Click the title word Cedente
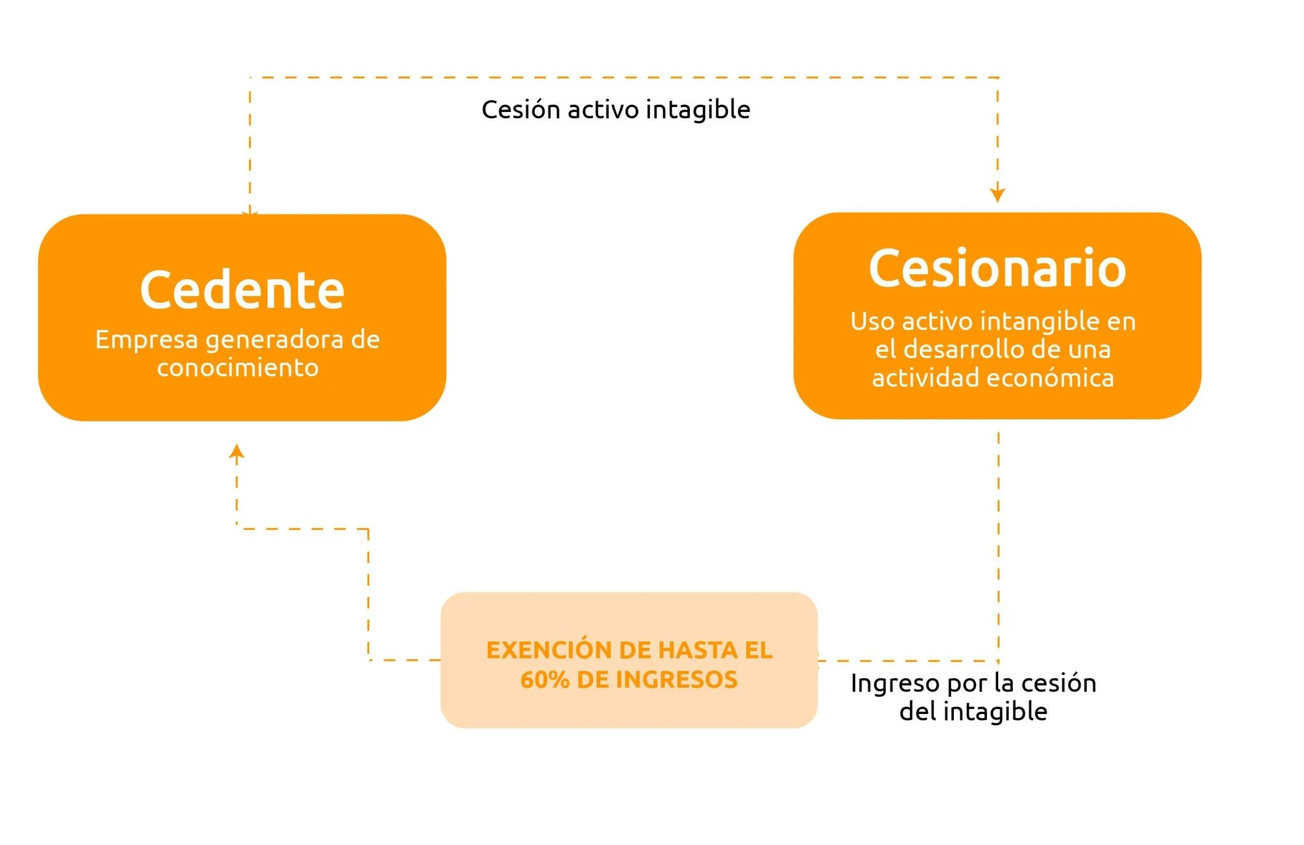[242, 290]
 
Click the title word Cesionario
[997, 269]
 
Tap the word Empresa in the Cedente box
[146, 340]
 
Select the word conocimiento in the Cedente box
[237, 368]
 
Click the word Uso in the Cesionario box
[872, 321]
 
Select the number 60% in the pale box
[544, 680]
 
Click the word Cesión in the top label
[520, 109]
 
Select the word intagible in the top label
[698, 111]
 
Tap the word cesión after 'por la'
[1059, 683]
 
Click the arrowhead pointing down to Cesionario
[997, 194]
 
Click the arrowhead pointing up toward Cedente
[237, 451]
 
